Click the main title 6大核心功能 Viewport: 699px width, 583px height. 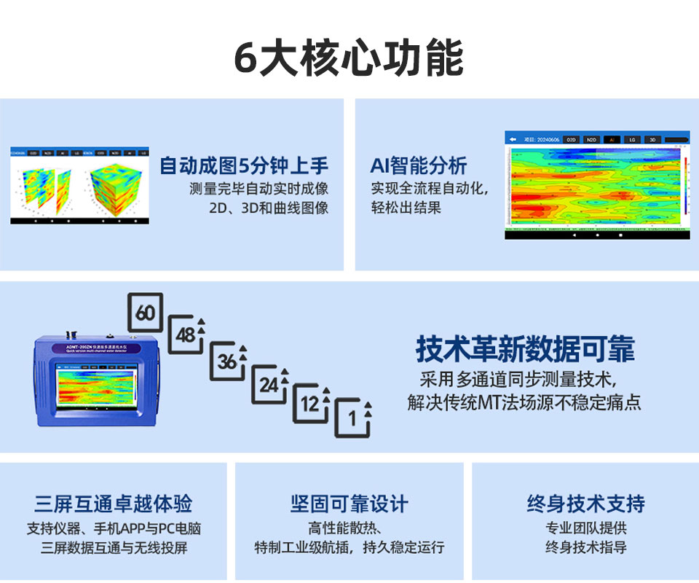point(349,58)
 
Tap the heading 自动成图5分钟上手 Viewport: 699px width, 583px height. point(244,165)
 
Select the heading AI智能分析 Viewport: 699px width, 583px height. point(419,165)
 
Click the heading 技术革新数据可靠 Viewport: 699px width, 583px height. point(525,349)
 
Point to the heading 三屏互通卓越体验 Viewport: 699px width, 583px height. point(114,504)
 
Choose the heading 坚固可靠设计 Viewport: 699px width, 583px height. point(349,504)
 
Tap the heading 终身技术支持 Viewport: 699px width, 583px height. point(585,504)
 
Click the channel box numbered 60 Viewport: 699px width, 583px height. point(146,313)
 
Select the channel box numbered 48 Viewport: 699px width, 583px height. point(186,336)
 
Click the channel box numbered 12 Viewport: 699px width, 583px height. point(311,405)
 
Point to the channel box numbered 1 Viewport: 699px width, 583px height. point(353,418)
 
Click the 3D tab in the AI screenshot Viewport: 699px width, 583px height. point(652,138)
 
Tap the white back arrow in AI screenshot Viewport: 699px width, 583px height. point(513,138)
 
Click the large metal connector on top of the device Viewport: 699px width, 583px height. point(72,332)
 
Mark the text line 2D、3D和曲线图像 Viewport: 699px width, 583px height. point(269,208)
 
